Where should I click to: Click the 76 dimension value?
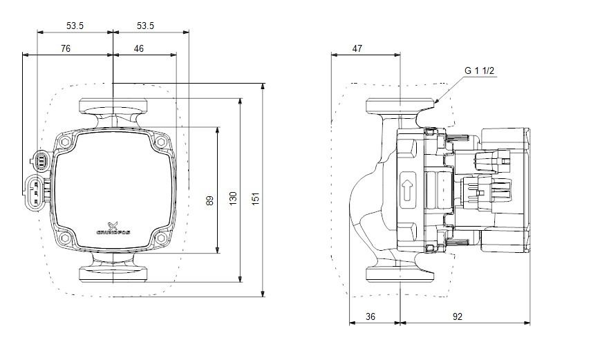[65, 48]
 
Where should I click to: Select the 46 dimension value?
[139, 48]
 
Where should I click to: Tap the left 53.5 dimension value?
[75, 26]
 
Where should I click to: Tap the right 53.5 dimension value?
[145, 26]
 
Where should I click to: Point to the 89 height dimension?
[209, 200]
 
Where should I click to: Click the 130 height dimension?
[233, 200]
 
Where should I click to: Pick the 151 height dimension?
[256, 199]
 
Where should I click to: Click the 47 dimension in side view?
[357, 48]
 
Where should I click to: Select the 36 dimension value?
[371, 316]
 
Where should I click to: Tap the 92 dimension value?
[458, 316]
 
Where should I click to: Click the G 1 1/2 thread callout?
[479, 71]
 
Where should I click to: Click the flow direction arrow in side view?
[407, 188]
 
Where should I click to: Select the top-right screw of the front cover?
[161, 142]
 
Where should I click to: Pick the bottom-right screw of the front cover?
[161, 239]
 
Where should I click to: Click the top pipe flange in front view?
[113, 106]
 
